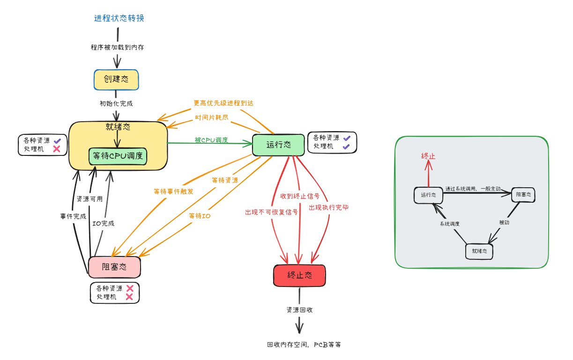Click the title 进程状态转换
pyautogui.click(x=119, y=18)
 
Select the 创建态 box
pyautogui.click(x=116, y=80)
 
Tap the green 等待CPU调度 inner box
pyautogui.click(x=118, y=156)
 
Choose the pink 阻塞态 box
pyautogui.click(x=114, y=267)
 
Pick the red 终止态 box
pyautogui.click(x=299, y=275)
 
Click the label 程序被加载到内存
pyautogui.click(x=117, y=47)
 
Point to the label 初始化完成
pyautogui.click(x=116, y=103)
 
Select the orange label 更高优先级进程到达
pyautogui.click(x=223, y=103)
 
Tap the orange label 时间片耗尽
pyautogui.click(x=212, y=118)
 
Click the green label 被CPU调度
pyautogui.click(x=211, y=140)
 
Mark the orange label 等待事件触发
pyautogui.click(x=173, y=191)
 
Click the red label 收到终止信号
pyautogui.click(x=300, y=196)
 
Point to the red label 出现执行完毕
pyautogui.click(x=328, y=207)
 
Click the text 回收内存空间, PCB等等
pyautogui.click(x=304, y=345)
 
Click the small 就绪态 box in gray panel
pyautogui.click(x=479, y=251)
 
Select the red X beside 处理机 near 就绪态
pyautogui.click(x=57, y=149)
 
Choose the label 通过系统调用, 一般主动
pyautogui.click(x=473, y=189)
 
